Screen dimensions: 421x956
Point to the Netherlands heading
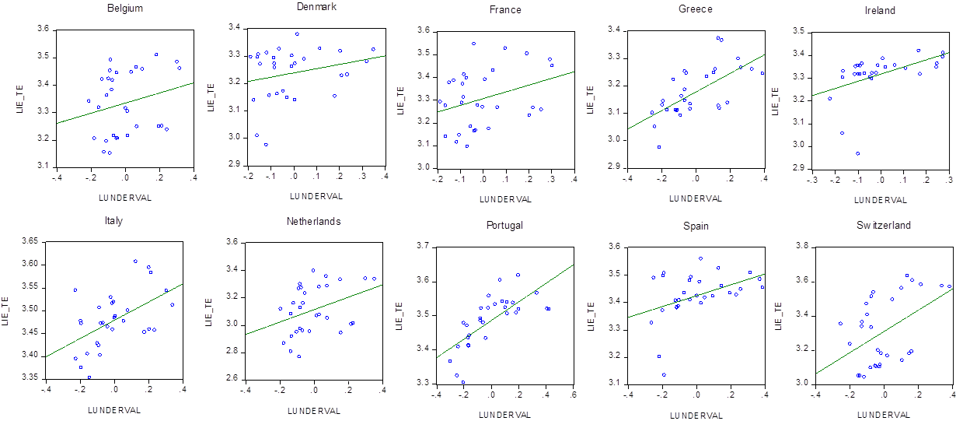[314, 221]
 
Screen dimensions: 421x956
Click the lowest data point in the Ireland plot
[858, 153]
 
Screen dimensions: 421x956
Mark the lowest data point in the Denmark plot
[266, 144]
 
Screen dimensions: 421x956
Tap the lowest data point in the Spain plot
[664, 374]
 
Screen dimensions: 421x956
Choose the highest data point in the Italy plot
[135, 261]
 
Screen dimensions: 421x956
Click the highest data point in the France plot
[473, 44]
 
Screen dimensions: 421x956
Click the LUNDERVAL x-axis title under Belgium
[120, 197]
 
